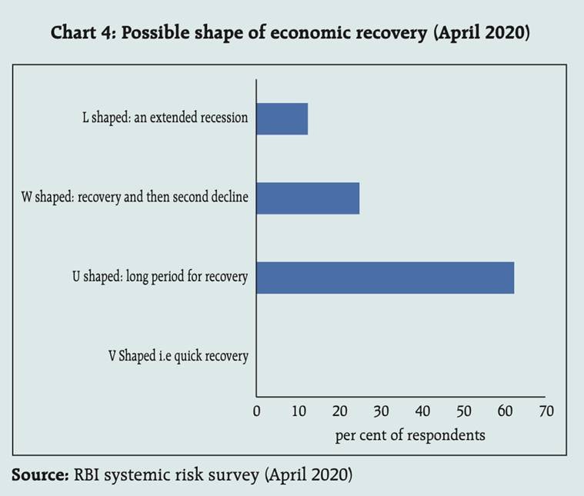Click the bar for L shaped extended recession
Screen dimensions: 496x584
(282, 118)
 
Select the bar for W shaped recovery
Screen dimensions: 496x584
(308, 198)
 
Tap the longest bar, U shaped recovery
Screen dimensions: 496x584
(385, 277)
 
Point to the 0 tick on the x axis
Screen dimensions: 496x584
(257, 411)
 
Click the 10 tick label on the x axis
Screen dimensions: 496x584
(298, 411)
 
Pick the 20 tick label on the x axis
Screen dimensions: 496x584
(339, 411)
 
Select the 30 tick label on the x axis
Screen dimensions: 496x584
(381, 411)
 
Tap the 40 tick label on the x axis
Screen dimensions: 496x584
(422, 411)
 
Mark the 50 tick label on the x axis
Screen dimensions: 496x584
(464, 411)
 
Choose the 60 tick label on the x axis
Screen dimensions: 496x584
(505, 411)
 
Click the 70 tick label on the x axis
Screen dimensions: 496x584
(546, 411)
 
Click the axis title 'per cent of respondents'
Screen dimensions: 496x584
(410, 435)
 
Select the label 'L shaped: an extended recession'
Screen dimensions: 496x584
(165, 118)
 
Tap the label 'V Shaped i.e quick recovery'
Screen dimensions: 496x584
(178, 356)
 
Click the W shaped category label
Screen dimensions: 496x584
(135, 198)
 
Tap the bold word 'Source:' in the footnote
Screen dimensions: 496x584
(40, 474)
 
